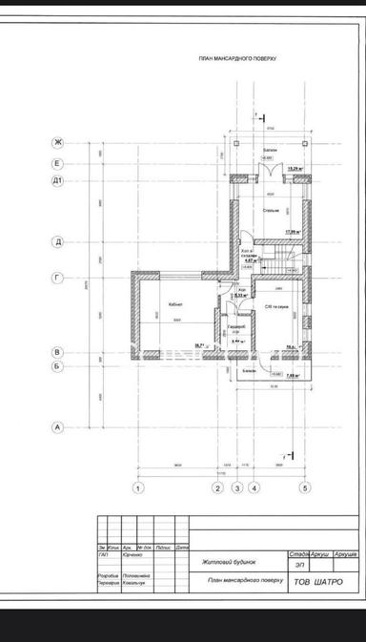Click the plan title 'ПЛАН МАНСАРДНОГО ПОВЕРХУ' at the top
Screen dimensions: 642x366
[x=237, y=58]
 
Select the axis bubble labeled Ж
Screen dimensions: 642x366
[x=58, y=143]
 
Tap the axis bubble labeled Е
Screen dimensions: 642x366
[x=58, y=163]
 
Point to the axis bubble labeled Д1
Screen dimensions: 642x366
[x=58, y=179]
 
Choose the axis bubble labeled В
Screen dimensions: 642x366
[x=58, y=352]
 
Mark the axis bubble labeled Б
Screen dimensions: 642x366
[x=58, y=365]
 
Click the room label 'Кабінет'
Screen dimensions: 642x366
[x=175, y=304]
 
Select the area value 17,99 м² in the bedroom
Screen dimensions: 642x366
[x=294, y=230]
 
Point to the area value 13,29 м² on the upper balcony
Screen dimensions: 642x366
[x=295, y=170]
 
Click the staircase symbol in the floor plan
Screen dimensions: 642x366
[x=284, y=256]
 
